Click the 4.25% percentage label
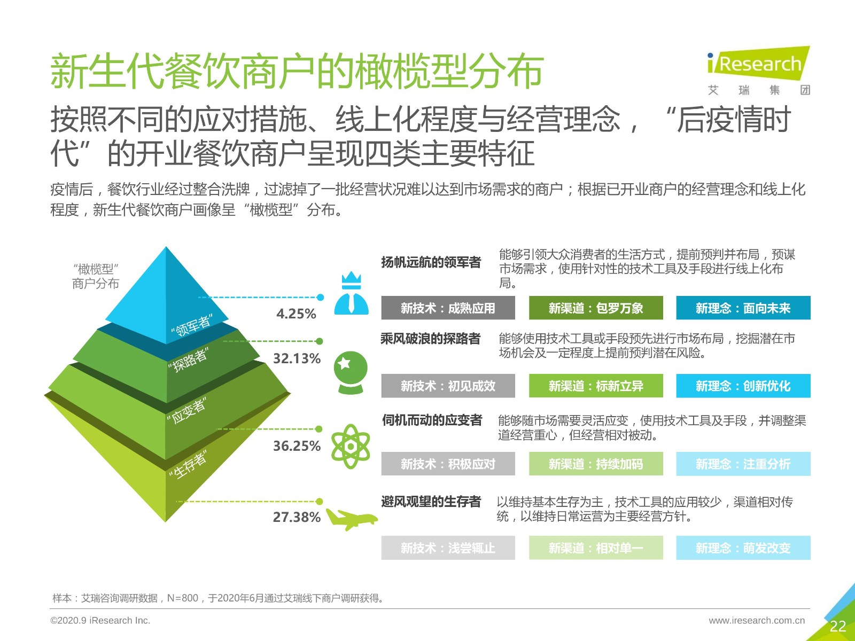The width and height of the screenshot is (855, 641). click(296, 314)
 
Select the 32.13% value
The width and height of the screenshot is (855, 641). click(297, 358)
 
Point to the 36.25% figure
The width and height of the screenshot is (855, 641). click(297, 446)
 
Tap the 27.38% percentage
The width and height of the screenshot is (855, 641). click(297, 517)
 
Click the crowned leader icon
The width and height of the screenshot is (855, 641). click(351, 293)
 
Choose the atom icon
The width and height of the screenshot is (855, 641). click(351, 447)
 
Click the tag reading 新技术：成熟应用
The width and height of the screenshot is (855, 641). click(448, 308)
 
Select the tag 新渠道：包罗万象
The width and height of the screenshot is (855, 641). click(596, 308)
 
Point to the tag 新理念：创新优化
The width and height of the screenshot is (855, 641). click(743, 386)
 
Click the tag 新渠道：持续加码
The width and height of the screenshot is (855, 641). click(596, 464)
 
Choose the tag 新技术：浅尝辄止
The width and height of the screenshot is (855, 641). click(448, 548)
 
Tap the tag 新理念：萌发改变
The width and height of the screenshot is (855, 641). click(743, 548)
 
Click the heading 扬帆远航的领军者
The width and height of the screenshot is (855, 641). click(431, 262)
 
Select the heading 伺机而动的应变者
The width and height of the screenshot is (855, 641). click(432, 420)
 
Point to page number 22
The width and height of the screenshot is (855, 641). click(837, 626)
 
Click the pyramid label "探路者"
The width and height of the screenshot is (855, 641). click(189, 360)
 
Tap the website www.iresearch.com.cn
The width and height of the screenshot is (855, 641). click(757, 620)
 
